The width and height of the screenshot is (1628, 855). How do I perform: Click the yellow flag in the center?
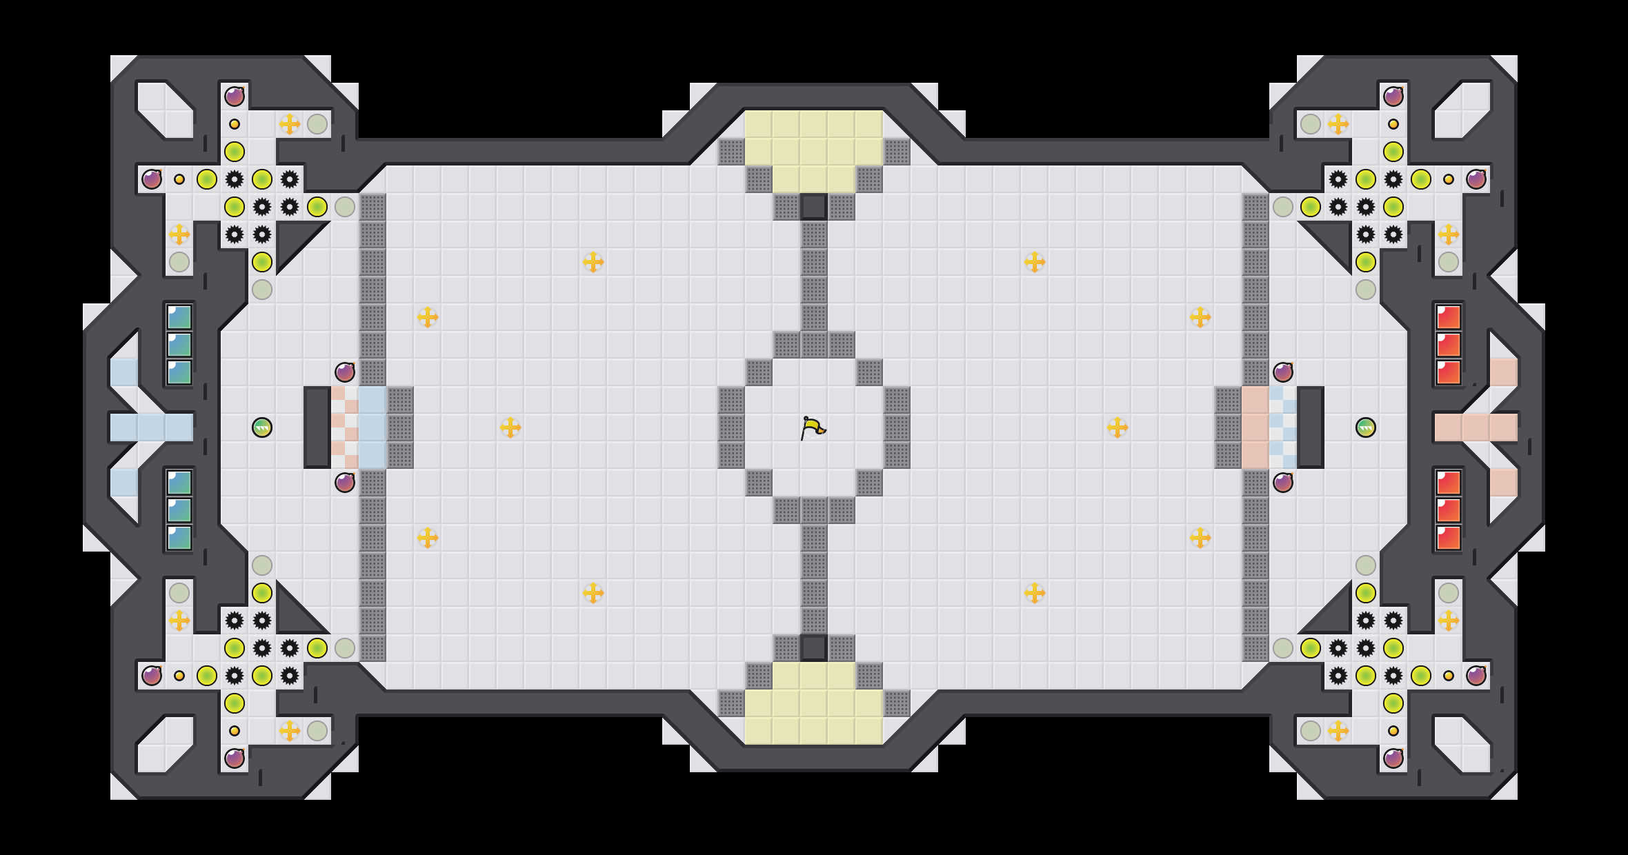pyautogui.click(x=813, y=428)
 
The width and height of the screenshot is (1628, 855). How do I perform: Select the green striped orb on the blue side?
pyautogui.click(x=262, y=428)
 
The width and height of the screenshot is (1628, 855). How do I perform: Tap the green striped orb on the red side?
pyautogui.click(x=1366, y=428)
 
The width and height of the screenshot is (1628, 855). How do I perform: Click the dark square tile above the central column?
pyautogui.click(x=814, y=206)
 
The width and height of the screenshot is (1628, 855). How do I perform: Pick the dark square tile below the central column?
pyautogui.click(x=814, y=647)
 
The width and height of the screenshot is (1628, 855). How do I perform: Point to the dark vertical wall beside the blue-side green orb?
pyautogui.click(x=317, y=427)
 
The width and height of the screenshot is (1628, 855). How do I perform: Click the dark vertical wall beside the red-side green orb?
pyautogui.click(x=1311, y=427)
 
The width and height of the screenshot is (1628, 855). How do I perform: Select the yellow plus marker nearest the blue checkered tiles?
pyautogui.click(x=510, y=428)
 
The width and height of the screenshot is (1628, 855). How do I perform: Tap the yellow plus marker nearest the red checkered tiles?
pyautogui.click(x=1118, y=428)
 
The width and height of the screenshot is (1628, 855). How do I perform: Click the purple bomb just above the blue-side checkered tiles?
pyautogui.click(x=345, y=372)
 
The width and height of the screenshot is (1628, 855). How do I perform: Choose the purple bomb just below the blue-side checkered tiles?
pyautogui.click(x=345, y=483)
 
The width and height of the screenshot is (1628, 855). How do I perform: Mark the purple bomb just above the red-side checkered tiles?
pyautogui.click(x=1283, y=372)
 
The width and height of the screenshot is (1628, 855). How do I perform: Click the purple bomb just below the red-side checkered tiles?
pyautogui.click(x=1283, y=483)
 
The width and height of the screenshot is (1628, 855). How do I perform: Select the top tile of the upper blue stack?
pyautogui.click(x=179, y=317)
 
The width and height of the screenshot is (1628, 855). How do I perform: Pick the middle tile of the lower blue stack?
pyautogui.click(x=179, y=510)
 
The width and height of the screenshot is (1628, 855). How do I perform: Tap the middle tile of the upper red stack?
pyautogui.click(x=1449, y=345)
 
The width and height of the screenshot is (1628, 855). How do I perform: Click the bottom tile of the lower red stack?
pyautogui.click(x=1449, y=538)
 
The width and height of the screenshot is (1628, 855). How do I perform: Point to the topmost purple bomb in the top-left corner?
pyautogui.click(x=235, y=97)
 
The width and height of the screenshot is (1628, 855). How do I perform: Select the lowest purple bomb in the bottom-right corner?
pyautogui.click(x=1393, y=758)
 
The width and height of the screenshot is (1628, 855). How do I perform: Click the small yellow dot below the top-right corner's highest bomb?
pyautogui.click(x=1393, y=124)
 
